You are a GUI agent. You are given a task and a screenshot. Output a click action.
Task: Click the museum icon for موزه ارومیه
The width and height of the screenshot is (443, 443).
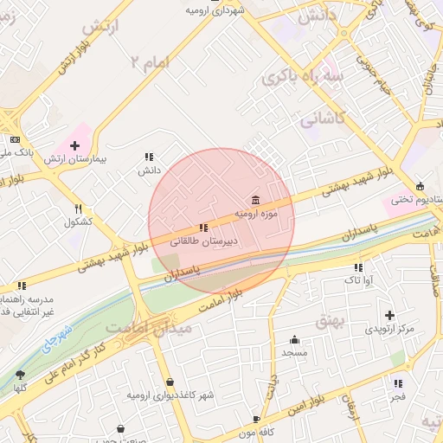[x=254, y=200]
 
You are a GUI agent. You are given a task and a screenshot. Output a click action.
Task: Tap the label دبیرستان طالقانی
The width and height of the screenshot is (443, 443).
[x=207, y=243]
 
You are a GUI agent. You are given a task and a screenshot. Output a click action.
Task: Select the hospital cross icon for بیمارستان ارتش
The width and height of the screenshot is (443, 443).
[x=74, y=144]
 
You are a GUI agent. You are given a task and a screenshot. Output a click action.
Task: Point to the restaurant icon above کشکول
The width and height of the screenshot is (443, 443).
[x=79, y=209]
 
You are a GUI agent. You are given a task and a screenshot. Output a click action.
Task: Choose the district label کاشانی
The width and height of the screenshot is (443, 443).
[x=321, y=121]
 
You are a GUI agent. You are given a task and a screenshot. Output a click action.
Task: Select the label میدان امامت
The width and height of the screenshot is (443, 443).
[x=137, y=328]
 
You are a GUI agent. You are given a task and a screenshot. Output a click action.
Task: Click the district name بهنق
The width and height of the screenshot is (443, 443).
[x=331, y=321]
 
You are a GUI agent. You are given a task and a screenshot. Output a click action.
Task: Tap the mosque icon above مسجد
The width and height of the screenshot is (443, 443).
[x=294, y=339]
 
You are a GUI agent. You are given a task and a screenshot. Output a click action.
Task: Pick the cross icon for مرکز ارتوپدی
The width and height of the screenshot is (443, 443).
[x=389, y=315]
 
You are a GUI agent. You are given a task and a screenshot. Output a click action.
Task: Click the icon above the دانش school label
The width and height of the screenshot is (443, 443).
[x=149, y=157]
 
